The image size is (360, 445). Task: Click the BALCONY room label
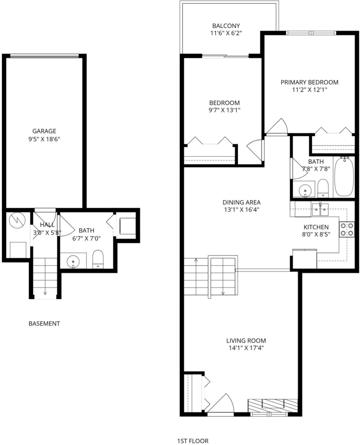[226, 26]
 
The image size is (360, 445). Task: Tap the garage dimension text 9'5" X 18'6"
[44, 139]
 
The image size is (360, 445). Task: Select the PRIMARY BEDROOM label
[310, 82]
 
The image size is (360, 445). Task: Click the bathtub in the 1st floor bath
[344, 176]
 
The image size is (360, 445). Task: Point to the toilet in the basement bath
[98, 259]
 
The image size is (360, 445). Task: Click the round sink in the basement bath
[73, 261]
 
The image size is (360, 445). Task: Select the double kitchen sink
[320, 209]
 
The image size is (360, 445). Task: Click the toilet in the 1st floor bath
[323, 188]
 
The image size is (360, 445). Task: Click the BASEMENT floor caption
[44, 323]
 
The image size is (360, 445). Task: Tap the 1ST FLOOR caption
[193, 441]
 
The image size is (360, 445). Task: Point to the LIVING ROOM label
[246, 341]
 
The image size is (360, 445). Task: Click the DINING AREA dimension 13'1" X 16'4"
[241, 210]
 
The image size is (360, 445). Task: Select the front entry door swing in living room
[221, 403]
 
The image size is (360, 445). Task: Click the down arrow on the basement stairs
[45, 293]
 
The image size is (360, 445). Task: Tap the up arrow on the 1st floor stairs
[196, 260]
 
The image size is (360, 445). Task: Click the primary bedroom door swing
[277, 126]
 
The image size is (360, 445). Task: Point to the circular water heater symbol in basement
[17, 219]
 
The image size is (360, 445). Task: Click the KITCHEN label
[316, 227]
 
